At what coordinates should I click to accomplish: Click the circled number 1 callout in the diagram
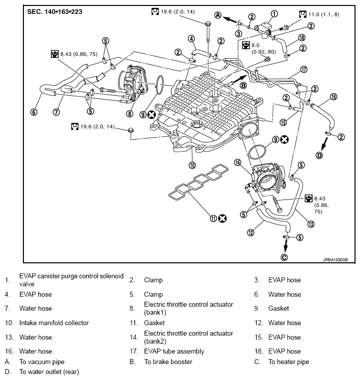(x=274, y=13)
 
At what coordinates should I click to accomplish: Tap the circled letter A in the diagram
(x=218, y=15)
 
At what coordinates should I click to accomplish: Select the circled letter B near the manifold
(x=243, y=85)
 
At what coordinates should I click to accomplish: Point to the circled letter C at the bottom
(x=284, y=257)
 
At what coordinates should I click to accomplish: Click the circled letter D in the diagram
(x=320, y=155)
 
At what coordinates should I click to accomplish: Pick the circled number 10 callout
(x=192, y=165)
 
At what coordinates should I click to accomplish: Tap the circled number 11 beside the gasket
(x=213, y=218)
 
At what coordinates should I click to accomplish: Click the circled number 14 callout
(x=237, y=162)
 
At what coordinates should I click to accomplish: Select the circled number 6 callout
(x=33, y=112)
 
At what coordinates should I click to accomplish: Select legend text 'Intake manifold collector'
(x=54, y=323)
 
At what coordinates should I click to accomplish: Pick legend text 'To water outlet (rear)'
(x=49, y=372)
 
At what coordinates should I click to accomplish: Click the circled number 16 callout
(x=334, y=97)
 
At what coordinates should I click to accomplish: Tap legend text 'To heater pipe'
(x=289, y=362)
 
